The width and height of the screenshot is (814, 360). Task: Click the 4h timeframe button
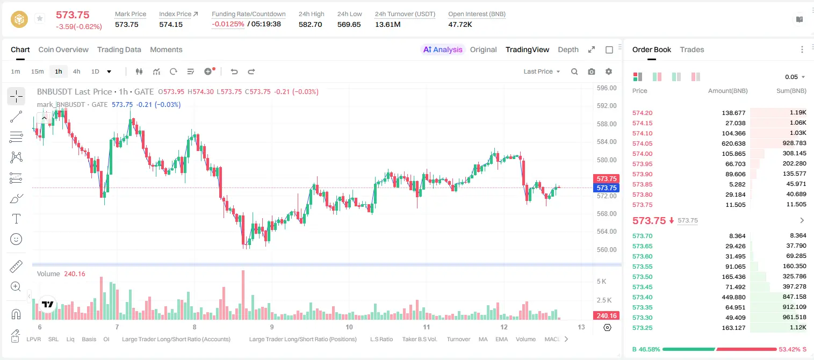click(76, 71)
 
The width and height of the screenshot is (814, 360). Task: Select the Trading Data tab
click(119, 49)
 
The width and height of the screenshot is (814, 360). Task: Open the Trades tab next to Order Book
click(691, 49)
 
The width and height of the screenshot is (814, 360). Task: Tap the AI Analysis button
click(443, 49)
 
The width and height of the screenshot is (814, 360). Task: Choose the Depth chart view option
click(568, 49)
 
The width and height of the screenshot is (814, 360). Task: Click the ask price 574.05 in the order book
click(642, 143)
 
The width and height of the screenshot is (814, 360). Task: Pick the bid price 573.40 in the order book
click(642, 297)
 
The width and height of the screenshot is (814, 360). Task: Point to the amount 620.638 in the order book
click(733, 143)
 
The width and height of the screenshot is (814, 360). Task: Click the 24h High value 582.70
click(310, 24)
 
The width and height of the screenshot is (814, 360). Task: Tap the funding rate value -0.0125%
click(228, 24)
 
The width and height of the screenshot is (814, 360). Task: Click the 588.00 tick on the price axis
click(607, 124)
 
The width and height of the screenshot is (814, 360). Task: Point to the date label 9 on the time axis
click(272, 327)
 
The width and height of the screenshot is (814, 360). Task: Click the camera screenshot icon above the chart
click(591, 71)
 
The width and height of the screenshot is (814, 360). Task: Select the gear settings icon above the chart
click(609, 71)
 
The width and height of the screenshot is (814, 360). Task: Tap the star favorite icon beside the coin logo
click(40, 18)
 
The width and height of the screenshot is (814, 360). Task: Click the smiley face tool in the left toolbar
click(16, 239)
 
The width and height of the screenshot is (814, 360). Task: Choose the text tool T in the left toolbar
click(16, 219)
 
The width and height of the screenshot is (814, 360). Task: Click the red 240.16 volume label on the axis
click(606, 316)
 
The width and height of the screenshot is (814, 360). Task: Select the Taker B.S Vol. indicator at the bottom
click(419, 339)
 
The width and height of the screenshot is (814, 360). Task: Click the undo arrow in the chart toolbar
click(234, 71)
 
